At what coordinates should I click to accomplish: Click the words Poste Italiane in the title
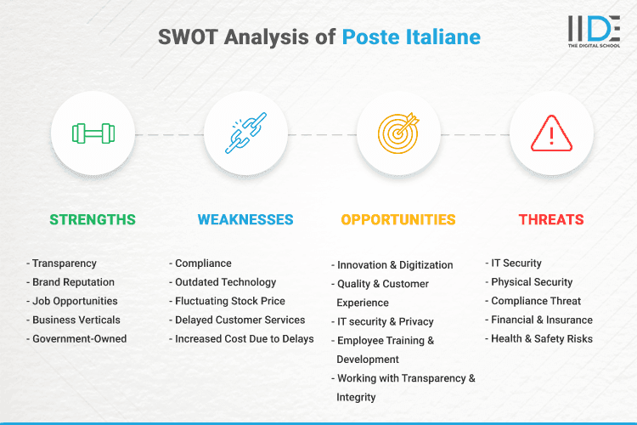411,37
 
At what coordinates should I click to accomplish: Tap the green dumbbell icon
93,133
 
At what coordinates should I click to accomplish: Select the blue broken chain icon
245,133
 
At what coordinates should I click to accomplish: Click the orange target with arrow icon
398,133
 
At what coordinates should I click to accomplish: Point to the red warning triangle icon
551,133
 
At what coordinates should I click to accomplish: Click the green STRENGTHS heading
93,219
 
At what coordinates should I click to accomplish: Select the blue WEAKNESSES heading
245,219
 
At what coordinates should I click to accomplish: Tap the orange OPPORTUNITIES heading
398,219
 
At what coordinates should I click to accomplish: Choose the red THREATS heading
551,219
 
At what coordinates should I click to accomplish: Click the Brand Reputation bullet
73,282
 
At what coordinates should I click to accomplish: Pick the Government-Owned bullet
79,338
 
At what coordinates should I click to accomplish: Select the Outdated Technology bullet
225,282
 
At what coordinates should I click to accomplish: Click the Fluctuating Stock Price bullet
229,301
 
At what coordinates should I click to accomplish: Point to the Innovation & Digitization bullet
395,265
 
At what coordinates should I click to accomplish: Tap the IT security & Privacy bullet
385,321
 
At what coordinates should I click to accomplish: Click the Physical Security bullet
532,282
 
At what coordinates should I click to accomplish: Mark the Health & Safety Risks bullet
542,338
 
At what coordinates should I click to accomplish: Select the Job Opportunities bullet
75,301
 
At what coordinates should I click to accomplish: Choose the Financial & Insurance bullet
542,320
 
